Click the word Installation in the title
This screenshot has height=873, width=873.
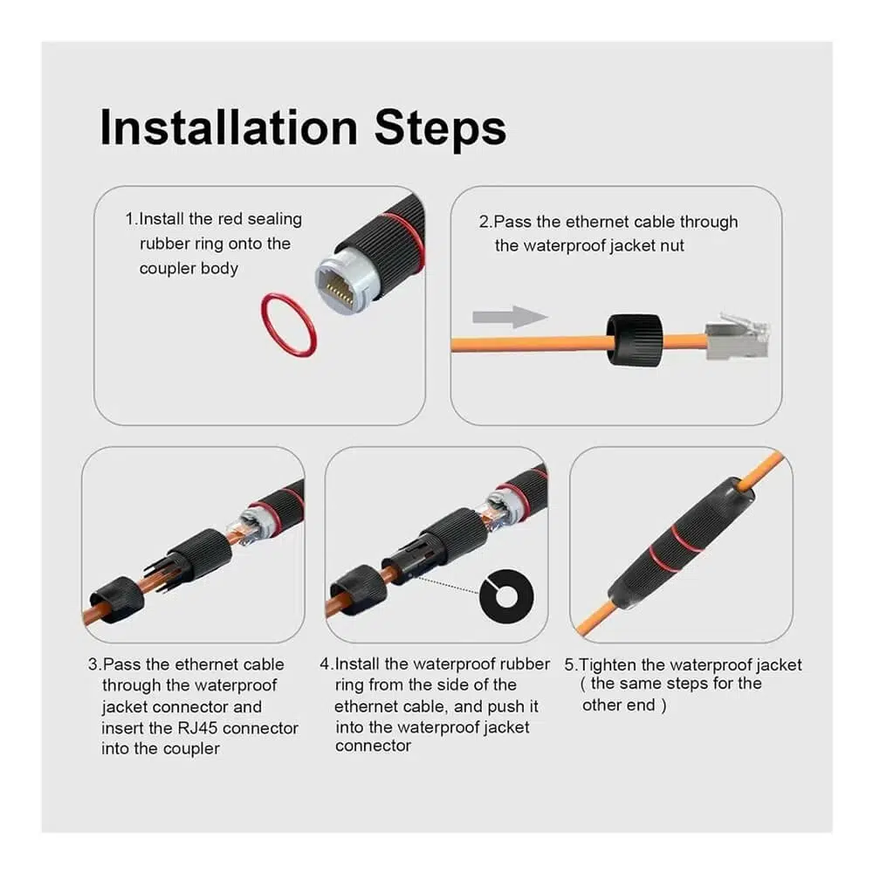[228, 127]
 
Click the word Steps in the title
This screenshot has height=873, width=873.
[440, 127]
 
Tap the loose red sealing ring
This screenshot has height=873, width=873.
[288, 325]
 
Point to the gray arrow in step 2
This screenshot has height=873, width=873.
[510, 317]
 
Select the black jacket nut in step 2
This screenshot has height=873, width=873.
[635, 340]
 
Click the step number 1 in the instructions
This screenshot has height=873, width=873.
[130, 219]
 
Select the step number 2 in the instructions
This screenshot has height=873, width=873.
[484, 222]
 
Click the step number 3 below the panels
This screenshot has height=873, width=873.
[93, 664]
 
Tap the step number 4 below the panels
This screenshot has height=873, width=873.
[325, 663]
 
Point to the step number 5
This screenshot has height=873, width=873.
[569, 664]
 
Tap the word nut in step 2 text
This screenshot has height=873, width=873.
[671, 245]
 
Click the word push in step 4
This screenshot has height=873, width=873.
[505, 707]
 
